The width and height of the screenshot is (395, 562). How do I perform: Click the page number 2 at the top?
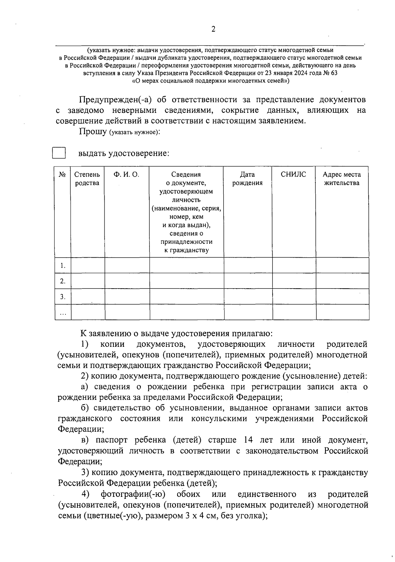coord(213,30)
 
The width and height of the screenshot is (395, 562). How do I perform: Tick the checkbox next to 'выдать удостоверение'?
coord(59,153)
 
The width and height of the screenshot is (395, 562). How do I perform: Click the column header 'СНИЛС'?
coord(293,175)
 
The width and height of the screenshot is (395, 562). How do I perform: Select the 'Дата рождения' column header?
coord(247,179)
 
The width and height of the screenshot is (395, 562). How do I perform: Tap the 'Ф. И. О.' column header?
coord(126,175)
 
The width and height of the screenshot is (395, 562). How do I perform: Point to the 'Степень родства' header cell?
coord(87,179)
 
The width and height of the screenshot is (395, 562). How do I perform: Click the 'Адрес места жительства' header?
coord(342,179)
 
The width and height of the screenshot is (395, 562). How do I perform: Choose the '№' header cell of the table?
coord(63,175)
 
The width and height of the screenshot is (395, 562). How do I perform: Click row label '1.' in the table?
coord(63,266)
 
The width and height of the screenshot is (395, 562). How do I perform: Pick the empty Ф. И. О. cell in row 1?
coord(127,266)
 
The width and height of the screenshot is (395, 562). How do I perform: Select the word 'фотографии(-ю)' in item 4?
coord(133,494)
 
